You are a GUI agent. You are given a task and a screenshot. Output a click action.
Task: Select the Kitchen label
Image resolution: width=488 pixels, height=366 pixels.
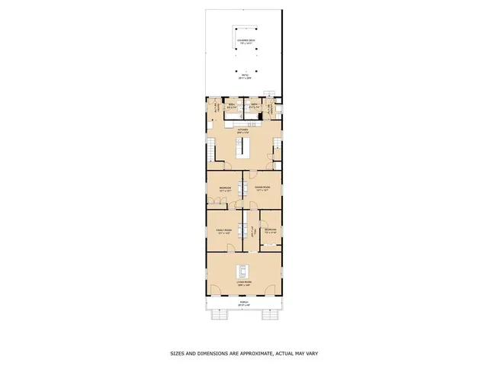pos(243,132)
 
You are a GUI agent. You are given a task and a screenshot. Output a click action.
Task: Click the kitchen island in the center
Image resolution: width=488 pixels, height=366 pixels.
pos(244,149)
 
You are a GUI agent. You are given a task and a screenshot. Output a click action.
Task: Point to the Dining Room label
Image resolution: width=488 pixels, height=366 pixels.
pos(262,189)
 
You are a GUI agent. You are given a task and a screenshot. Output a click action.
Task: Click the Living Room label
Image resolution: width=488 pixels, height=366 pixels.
pos(244,283)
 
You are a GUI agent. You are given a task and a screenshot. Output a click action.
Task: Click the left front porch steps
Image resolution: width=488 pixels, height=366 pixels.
pos(221,313)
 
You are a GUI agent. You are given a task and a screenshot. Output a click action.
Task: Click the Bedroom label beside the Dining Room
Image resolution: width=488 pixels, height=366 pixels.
pos(225,189)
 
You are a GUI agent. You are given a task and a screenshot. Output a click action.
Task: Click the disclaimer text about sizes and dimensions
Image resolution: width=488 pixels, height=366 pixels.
pos(243,354)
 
